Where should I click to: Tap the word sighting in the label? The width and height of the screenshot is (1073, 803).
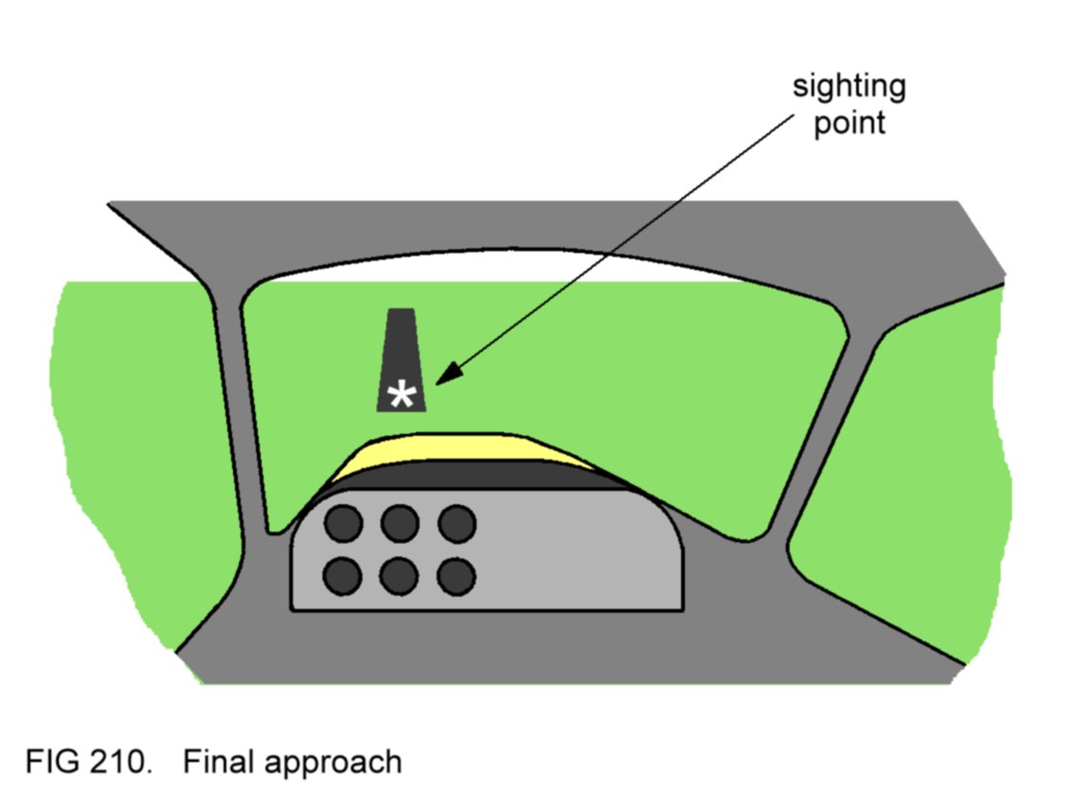click(849, 88)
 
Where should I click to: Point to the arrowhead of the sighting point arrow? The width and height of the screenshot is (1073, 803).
click(440, 379)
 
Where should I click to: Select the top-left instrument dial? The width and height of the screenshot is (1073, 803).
click(343, 522)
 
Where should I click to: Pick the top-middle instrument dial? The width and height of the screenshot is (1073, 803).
click(400, 522)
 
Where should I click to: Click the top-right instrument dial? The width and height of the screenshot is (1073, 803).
click(457, 522)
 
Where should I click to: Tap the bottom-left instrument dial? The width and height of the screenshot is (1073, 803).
click(343, 575)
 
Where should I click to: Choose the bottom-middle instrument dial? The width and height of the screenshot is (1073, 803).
click(400, 575)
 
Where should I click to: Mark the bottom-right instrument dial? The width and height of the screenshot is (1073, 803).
click(457, 575)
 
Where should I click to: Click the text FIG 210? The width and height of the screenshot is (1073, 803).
click(88, 762)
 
